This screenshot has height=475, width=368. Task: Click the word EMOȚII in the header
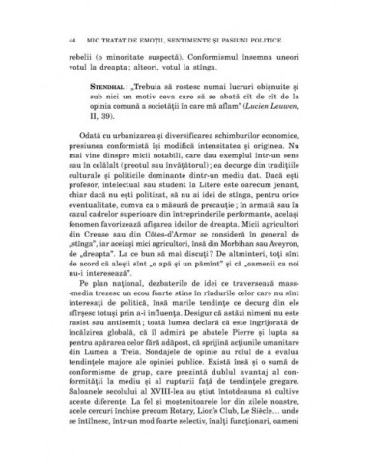[145, 42]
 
